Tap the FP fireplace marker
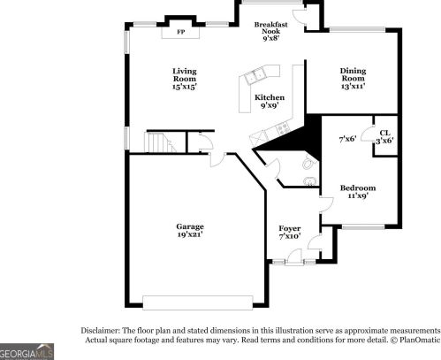click(181, 33)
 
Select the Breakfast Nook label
click(271, 30)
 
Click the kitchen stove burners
click(260, 135)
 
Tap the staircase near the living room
click(156, 141)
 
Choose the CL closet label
click(385, 132)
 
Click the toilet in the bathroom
click(308, 164)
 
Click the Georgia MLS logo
click(27, 351)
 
